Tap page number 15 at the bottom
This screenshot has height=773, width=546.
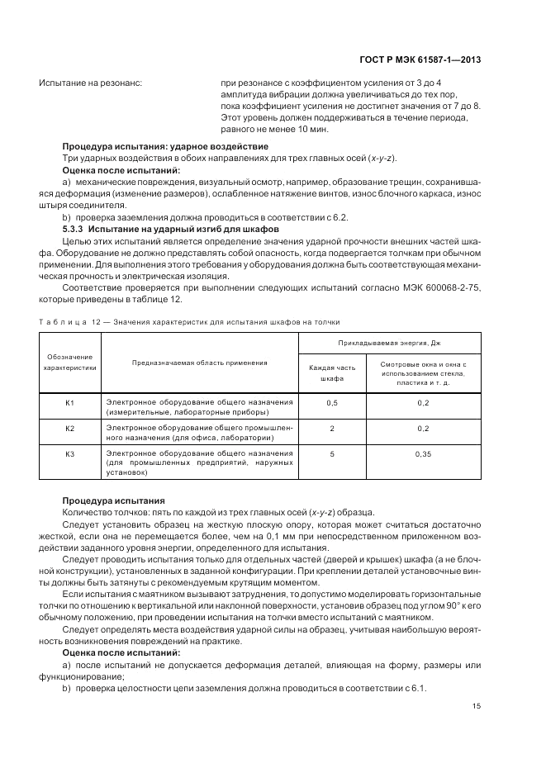[477, 705]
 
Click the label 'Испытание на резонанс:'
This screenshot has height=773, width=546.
[91, 83]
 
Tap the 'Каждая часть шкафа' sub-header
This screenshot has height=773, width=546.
[331, 372]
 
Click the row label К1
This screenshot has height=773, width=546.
[70, 402]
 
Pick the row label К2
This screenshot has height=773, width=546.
[70, 429]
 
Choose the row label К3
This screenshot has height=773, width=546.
[70, 454]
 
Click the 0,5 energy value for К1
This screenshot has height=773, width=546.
[332, 402]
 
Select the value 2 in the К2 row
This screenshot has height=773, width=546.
[332, 429]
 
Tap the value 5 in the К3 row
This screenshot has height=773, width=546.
[332, 454]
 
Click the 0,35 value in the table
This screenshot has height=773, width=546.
[424, 454]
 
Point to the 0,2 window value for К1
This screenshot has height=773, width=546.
[424, 402]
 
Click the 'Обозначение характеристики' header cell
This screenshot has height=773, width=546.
[70, 363]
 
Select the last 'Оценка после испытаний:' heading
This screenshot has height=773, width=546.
[115, 652]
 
